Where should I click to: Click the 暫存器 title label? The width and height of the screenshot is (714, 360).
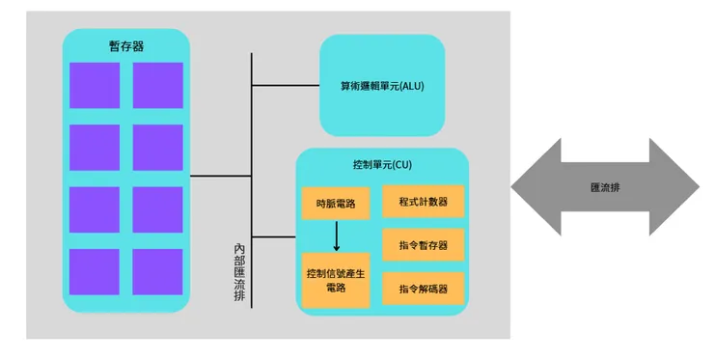[125, 45]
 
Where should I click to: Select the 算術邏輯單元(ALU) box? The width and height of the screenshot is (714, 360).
[382, 85]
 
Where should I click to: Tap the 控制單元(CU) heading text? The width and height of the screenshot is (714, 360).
[382, 165]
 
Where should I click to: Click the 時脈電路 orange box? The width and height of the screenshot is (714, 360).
[336, 204]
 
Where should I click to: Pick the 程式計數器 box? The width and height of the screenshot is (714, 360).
[424, 202]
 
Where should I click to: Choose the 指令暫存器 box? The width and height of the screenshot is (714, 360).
[424, 245]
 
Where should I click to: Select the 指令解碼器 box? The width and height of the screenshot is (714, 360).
[424, 289]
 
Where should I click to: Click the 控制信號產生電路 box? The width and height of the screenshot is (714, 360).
[336, 280]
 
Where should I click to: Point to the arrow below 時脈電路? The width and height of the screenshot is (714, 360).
[336, 235]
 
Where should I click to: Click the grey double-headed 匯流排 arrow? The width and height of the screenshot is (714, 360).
[605, 186]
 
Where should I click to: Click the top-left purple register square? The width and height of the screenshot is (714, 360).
[95, 85]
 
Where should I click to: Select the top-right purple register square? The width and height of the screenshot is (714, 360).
[157, 85]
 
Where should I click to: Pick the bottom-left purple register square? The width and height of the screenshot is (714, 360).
[95, 272]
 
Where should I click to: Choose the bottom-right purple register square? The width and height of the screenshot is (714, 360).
[157, 272]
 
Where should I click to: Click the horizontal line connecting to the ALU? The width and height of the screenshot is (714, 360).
[286, 86]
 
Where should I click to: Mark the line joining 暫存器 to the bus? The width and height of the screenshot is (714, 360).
[220, 177]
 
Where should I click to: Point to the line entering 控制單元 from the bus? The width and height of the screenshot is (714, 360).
[274, 236]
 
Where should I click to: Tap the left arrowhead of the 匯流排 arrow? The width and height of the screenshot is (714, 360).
[533, 186]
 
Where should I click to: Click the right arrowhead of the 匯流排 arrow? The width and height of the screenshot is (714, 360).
[677, 186]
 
